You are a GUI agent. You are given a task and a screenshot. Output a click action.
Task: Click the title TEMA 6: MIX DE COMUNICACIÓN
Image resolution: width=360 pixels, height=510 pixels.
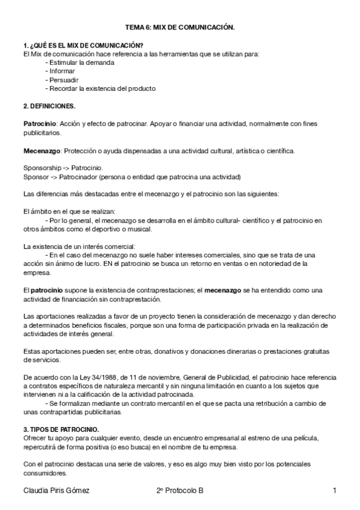coord(180,27)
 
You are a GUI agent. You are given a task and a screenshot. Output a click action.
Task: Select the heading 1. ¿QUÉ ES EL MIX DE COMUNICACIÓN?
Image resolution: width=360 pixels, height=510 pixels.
coord(83,45)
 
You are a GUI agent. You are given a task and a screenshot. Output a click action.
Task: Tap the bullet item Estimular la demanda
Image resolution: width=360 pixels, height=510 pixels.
coord(75,63)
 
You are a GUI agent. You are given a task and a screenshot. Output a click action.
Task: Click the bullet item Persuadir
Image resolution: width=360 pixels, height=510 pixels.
coord(63,79)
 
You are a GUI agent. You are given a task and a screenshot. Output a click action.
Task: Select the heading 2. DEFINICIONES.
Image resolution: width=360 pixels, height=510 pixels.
coord(49,106)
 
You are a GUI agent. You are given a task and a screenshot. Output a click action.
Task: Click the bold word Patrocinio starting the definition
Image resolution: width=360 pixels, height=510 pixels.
coord(39,123)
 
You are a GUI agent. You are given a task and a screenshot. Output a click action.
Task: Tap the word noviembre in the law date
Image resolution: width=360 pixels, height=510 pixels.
coord(141,377)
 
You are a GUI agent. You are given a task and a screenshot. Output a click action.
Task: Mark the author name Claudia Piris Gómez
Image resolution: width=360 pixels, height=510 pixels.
coord(55,491)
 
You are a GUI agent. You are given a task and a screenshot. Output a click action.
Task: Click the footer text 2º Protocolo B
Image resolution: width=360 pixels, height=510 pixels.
coord(180,491)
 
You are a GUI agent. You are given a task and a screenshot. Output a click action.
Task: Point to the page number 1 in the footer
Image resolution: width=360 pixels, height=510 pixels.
coord(334,491)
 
